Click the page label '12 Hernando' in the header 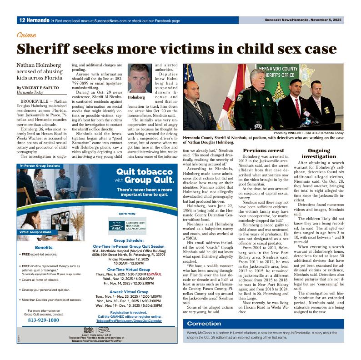point(34,20)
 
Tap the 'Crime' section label point(26,35)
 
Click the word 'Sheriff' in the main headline point(43,49)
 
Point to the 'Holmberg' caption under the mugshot point(136,97)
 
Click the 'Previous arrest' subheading point(263,150)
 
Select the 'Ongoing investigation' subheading point(319,153)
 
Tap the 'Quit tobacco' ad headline point(144,172)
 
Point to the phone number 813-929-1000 point(44,320)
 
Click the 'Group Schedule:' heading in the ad point(129,240)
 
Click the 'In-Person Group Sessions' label point(40,166)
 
